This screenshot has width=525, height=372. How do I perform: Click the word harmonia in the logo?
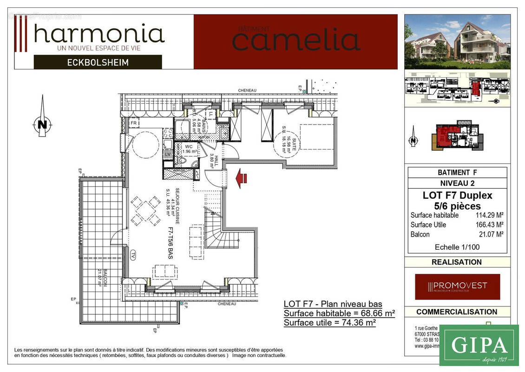99,34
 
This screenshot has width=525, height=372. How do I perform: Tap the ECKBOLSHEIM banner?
98,62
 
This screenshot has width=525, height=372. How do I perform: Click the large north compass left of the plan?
42,123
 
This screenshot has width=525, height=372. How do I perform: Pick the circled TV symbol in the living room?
133,255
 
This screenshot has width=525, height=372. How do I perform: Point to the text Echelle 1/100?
457,247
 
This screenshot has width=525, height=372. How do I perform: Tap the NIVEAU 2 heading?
457,183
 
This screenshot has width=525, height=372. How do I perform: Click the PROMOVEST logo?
458,286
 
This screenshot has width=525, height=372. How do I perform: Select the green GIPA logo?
479,345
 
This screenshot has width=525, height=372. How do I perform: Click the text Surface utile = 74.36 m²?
330,322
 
